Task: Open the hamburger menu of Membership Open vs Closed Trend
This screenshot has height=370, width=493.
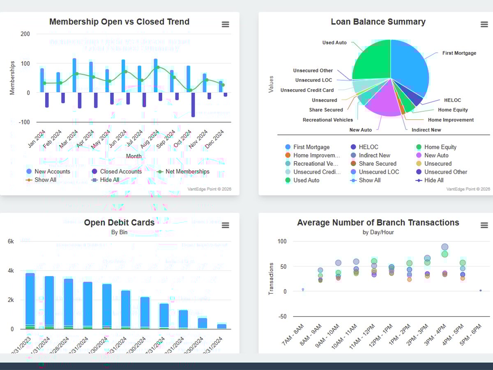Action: [x=225, y=25]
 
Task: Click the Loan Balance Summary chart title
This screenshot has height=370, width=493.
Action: [x=378, y=22]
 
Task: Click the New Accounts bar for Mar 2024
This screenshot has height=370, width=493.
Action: [x=74, y=75]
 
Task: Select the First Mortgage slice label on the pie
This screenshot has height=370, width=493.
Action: [x=459, y=53]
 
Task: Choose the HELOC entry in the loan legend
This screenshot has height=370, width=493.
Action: [x=368, y=147]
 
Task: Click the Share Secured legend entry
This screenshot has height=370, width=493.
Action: [x=377, y=164]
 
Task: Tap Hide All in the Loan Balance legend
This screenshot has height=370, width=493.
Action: [x=433, y=180]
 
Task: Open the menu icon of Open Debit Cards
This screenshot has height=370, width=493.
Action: [x=225, y=225]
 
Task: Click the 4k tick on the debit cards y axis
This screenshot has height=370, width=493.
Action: [x=11, y=271]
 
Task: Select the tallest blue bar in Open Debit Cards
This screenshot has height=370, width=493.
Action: [x=30, y=300]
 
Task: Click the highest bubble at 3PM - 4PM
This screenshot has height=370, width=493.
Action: [x=445, y=247]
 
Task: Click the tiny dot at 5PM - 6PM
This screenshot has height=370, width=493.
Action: [x=480, y=291]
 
